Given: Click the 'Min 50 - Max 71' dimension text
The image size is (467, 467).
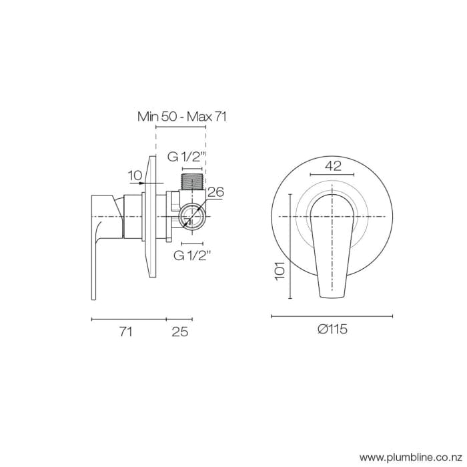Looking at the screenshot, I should pyautogui.click(x=182, y=116).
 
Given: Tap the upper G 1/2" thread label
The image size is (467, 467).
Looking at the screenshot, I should pyautogui.click(x=185, y=157).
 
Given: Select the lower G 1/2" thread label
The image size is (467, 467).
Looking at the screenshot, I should pyautogui.click(x=192, y=255).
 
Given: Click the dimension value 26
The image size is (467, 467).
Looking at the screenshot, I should pyautogui.click(x=215, y=192).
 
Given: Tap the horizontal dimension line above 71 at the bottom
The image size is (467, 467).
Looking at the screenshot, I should pyautogui.click(x=128, y=320).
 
